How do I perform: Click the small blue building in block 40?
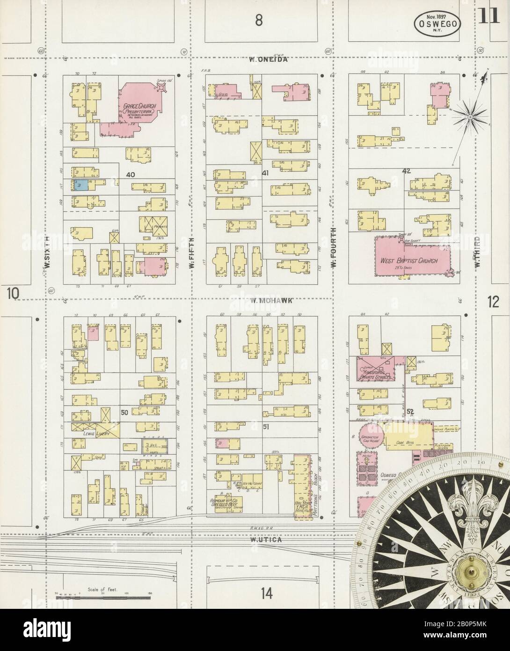click(78, 185)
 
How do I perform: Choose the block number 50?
click(124, 412)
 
